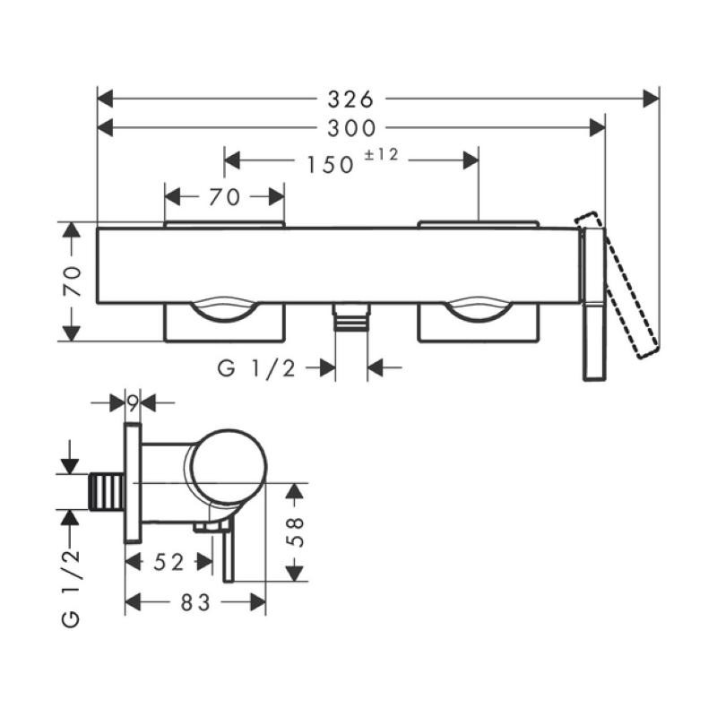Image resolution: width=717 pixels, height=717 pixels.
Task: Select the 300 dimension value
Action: (x=350, y=129)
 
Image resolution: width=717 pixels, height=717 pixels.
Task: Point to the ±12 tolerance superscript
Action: (x=382, y=155)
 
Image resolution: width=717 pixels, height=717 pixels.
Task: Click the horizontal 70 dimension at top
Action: (x=224, y=197)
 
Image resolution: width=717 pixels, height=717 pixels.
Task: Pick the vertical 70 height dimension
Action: (x=75, y=281)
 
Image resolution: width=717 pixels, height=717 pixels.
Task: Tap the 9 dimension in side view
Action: (x=133, y=403)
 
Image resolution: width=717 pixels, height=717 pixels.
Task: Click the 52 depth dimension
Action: (x=168, y=562)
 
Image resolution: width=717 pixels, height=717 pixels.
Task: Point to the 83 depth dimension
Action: (x=194, y=603)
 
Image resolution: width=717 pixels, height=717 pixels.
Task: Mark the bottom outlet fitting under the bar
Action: (x=350, y=318)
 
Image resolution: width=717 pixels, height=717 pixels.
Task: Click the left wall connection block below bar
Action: (x=224, y=324)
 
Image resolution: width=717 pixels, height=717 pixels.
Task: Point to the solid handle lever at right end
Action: (x=595, y=305)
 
